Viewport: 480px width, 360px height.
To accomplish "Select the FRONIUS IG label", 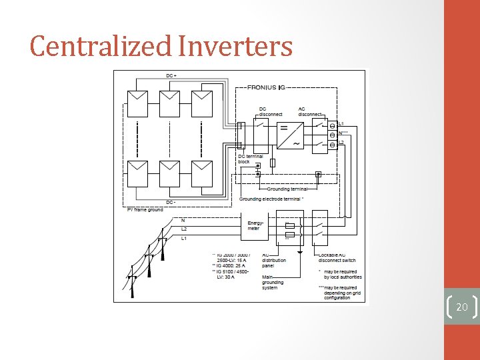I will point(267,87).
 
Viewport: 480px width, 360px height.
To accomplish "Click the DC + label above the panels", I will point(171,76).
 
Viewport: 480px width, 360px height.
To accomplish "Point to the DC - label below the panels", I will point(171,202).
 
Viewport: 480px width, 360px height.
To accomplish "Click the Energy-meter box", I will point(255,226).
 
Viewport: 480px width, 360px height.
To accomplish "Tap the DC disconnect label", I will point(269,112).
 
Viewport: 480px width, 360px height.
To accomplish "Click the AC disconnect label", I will point(310,112).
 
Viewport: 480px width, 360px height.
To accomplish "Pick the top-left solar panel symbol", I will point(139,103).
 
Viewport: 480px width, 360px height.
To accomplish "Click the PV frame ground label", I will point(145,210).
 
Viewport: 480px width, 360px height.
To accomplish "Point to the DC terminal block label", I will point(250,159).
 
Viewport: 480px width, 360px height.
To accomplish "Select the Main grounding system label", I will point(273,282).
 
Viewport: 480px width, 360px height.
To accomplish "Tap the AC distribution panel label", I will point(273,261).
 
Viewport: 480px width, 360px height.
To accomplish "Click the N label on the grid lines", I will point(183,220).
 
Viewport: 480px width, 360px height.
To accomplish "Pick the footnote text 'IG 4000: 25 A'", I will point(230,266).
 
